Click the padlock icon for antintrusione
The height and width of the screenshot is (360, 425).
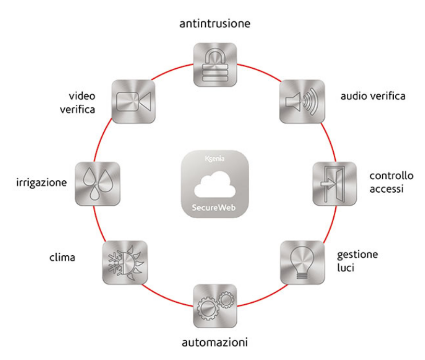coord(215,64)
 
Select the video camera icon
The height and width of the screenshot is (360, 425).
coord(134,100)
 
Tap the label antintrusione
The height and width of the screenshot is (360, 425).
coord(215,24)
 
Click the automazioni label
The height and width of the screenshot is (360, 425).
coord(214,342)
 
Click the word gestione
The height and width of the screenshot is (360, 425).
coord(357,255)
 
